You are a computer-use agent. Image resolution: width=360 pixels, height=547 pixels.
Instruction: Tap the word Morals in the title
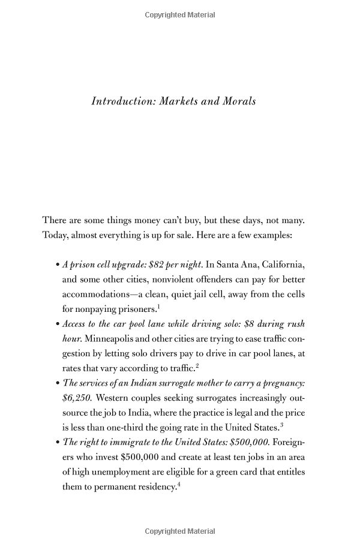click(x=239, y=101)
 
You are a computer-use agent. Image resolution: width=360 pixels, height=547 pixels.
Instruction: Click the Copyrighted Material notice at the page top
click(x=180, y=15)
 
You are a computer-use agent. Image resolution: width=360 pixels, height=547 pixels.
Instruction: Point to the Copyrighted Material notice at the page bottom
click(x=180, y=531)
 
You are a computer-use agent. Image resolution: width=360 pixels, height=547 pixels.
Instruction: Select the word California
click(x=281, y=265)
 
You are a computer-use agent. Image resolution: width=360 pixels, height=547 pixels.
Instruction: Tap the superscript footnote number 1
click(x=158, y=306)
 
